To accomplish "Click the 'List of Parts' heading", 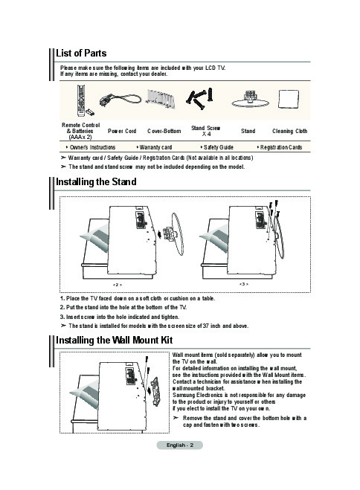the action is click(x=81, y=53).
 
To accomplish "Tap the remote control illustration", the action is click(x=81, y=100).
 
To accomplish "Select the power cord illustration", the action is click(x=120, y=100).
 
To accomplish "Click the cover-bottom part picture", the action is click(x=161, y=98).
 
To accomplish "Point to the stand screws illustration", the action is click(x=200, y=99).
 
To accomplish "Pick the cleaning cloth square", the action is click(x=288, y=99).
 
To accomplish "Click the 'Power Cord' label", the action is click(x=122, y=132).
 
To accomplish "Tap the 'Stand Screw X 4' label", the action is click(x=205, y=131).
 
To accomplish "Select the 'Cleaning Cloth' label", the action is click(x=289, y=132).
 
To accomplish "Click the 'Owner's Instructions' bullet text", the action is click(x=92, y=147).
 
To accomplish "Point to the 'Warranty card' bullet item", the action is click(x=155, y=147).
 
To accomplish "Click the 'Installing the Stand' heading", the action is click(x=96, y=182).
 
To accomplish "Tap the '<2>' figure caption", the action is click(x=118, y=285).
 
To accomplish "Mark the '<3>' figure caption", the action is click(x=244, y=284).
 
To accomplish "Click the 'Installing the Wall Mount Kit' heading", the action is click(x=114, y=340).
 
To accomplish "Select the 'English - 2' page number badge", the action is click(x=180, y=445).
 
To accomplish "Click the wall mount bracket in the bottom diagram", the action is click(x=155, y=391).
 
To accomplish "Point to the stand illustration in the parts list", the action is click(x=250, y=100).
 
